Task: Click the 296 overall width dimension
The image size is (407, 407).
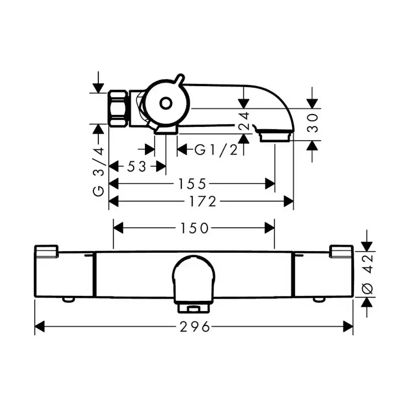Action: tap(195, 326)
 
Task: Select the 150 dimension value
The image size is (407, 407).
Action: tap(194, 228)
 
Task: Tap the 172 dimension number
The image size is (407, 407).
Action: tap(203, 202)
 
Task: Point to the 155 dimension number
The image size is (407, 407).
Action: tap(192, 184)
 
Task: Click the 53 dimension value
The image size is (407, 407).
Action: tap(137, 166)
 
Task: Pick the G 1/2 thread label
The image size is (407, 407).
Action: tap(216, 150)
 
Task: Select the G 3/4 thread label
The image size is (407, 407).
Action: tap(98, 172)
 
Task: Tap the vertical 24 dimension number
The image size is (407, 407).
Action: tap(244, 121)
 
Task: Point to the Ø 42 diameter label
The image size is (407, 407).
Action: tap(367, 274)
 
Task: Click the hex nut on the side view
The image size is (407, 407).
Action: tap(118, 109)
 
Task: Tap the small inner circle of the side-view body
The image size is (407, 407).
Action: tap(166, 104)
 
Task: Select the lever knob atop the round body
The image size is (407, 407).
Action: tap(179, 79)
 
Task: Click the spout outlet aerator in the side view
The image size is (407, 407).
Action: tap(275, 136)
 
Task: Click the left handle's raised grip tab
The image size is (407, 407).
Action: tap(46, 251)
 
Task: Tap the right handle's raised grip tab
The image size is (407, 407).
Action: tap(341, 251)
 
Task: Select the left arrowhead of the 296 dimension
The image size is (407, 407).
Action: tap(40, 326)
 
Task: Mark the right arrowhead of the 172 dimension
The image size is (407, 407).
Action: tap(289, 202)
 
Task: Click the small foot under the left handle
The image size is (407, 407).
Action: tap(68, 299)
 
